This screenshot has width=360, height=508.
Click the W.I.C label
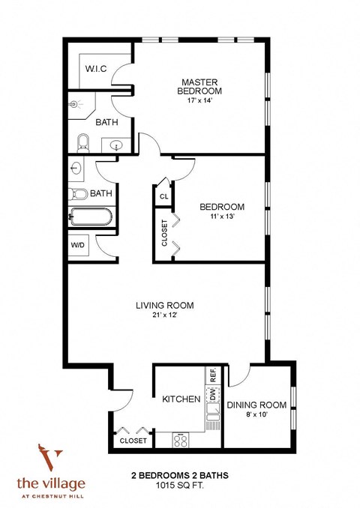[95, 69]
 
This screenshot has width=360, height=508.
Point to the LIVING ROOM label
[165, 305]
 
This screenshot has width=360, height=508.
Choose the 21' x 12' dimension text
[165, 315]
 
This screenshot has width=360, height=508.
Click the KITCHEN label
[181, 399]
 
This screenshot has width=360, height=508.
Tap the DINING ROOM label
[256, 405]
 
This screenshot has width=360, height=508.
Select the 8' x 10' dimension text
[256, 416]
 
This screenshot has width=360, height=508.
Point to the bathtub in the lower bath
[91, 217]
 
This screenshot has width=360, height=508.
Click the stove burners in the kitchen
[181, 441]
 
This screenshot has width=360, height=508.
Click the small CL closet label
[163, 196]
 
